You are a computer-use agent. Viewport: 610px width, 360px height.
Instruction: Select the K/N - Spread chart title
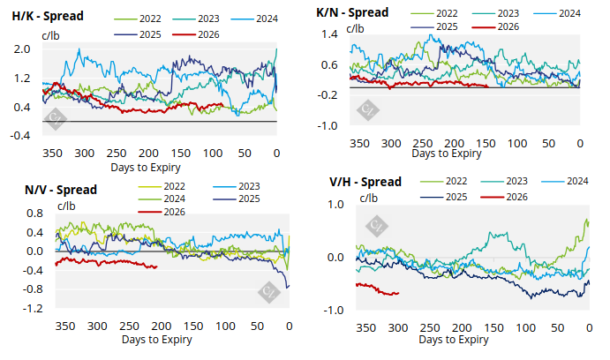coord(355,13)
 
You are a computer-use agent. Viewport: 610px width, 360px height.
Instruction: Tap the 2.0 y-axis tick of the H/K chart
coord(23,49)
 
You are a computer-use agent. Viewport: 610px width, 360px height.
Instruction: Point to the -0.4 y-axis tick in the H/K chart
coord(21,135)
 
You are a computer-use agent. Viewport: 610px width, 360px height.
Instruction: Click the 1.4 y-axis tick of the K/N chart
coord(330,34)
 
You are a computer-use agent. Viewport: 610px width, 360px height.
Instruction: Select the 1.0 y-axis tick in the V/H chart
coord(335,205)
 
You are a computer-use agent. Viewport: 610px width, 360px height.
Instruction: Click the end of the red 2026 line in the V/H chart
coord(398,293)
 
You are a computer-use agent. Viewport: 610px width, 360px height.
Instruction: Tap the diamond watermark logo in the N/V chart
coord(267,290)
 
